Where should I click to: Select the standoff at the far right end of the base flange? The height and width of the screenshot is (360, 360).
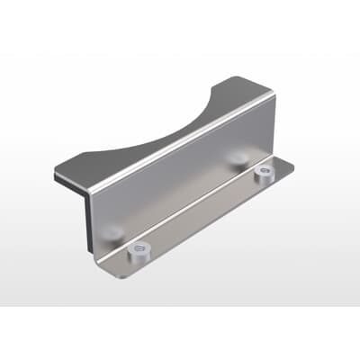264,173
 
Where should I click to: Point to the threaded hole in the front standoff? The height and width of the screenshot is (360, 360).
139,247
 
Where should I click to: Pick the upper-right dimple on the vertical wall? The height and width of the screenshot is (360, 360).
238,158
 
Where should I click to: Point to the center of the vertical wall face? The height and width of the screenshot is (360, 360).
180,184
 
